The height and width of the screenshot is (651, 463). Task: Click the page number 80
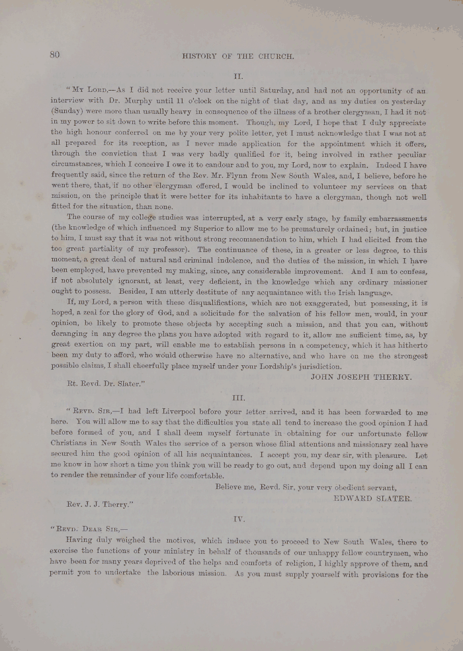pos(54,55)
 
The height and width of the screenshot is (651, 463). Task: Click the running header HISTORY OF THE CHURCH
pos(237,57)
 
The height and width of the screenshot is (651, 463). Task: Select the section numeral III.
pos(239,398)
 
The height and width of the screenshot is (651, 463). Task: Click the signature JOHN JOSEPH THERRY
pos(360,376)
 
